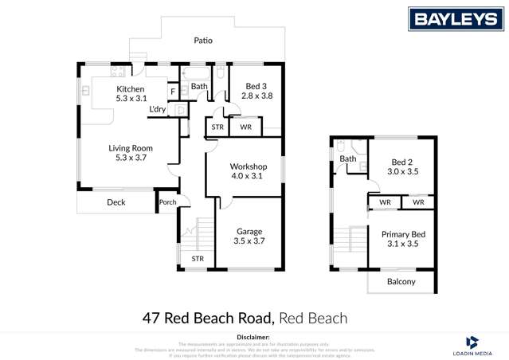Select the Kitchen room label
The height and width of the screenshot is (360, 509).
(x=130, y=88)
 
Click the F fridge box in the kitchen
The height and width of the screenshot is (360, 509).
(x=173, y=92)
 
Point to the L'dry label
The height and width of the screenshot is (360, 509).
(x=157, y=110)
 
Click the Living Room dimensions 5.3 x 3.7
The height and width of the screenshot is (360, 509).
(x=130, y=158)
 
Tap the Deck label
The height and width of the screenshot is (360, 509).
(x=116, y=202)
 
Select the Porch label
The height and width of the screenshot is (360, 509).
(x=168, y=202)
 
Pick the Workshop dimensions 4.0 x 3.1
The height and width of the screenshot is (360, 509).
(x=245, y=176)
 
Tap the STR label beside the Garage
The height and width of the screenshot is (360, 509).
(x=198, y=259)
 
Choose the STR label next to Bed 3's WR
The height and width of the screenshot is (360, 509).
(x=217, y=127)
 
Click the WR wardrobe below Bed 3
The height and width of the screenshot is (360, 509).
(x=246, y=127)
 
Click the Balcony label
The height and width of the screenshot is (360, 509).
(x=401, y=282)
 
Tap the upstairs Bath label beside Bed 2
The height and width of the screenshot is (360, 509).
(x=349, y=158)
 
